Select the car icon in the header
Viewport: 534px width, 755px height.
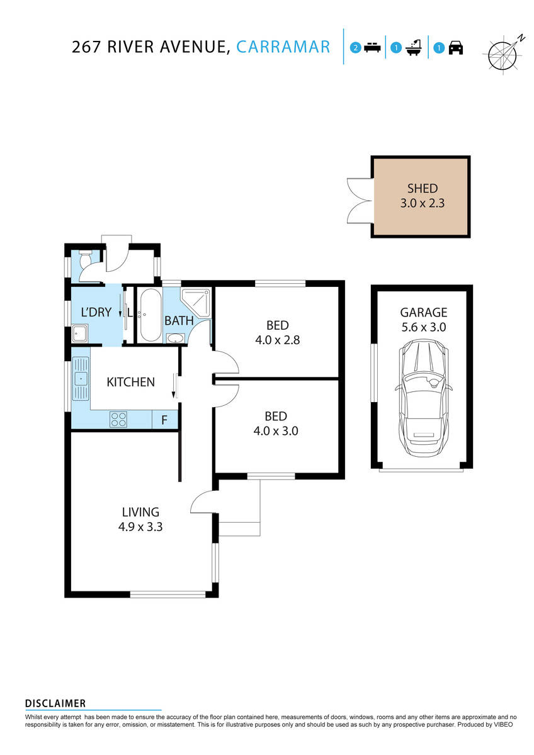(x=456, y=48)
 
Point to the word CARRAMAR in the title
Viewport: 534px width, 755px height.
(x=283, y=47)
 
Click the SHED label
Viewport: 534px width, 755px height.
(x=422, y=188)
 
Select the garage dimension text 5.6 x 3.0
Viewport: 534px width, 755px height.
(x=423, y=327)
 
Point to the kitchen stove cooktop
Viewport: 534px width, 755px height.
(x=118, y=419)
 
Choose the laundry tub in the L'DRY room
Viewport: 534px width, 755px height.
(x=80, y=334)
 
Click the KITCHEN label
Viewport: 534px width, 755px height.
(x=130, y=382)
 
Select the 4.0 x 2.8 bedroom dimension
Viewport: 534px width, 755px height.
(x=277, y=340)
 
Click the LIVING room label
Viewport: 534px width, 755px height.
(x=140, y=512)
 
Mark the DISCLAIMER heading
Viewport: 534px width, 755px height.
(x=55, y=703)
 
